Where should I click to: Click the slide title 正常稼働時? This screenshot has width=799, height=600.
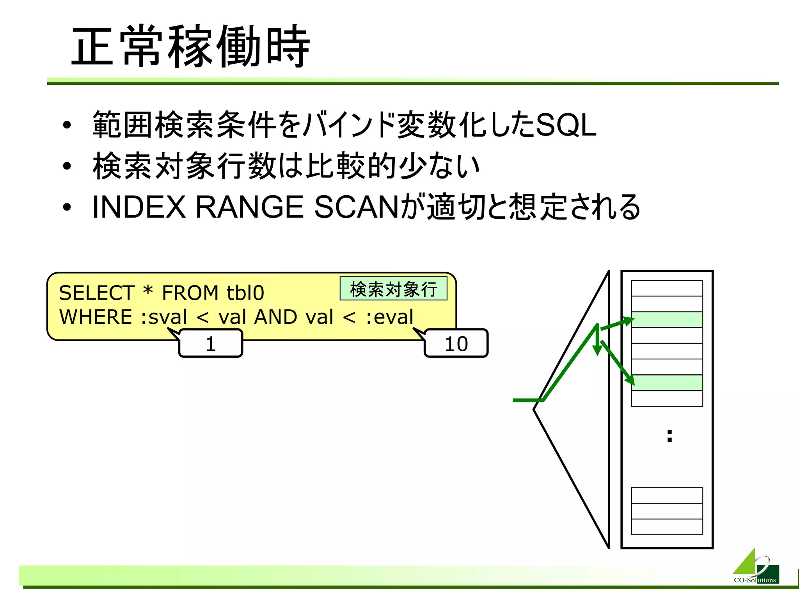coord(190,46)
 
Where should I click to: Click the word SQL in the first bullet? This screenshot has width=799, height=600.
coord(566,125)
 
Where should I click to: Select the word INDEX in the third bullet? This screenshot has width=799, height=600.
coord(139,207)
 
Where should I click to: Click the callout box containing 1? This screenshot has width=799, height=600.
coord(211,343)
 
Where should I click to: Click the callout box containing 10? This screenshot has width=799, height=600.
coord(456,343)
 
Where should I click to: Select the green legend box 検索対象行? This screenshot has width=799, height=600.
coord(393,289)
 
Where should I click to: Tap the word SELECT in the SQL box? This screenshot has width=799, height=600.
coord(97,293)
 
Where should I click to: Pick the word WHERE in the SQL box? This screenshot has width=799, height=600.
coord(96,317)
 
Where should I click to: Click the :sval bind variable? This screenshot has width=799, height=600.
coord(164,317)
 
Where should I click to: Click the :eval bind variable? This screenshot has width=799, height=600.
coord(390,317)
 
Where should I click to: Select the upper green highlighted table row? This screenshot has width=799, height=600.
coord(667,320)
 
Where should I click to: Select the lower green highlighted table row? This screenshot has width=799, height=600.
coord(667,383)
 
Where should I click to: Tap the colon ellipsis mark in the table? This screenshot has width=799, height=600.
coord(669,436)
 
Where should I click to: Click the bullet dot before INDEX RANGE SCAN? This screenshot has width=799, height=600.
coord(67,207)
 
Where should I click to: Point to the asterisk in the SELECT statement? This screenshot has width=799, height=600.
coord(148,291)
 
